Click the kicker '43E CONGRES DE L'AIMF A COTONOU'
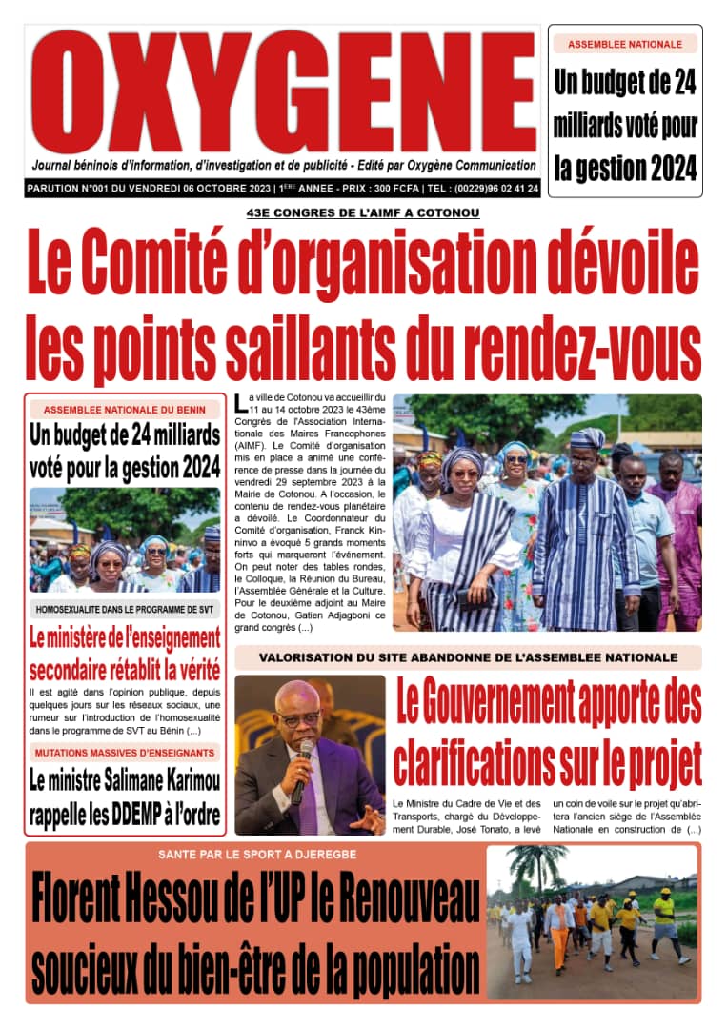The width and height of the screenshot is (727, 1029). pos(363,212)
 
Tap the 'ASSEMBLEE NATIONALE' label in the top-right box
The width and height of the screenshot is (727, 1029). pos(625,45)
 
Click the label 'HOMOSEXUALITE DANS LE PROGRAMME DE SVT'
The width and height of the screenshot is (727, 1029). pos(124,608)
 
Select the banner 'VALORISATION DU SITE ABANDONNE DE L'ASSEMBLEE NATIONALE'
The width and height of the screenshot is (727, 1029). pos(468,657)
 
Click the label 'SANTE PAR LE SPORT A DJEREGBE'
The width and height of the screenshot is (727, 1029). pos(253,854)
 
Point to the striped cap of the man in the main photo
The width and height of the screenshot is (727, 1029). pos(588,438)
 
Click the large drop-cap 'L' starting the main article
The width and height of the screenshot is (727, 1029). pos(240,403)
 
